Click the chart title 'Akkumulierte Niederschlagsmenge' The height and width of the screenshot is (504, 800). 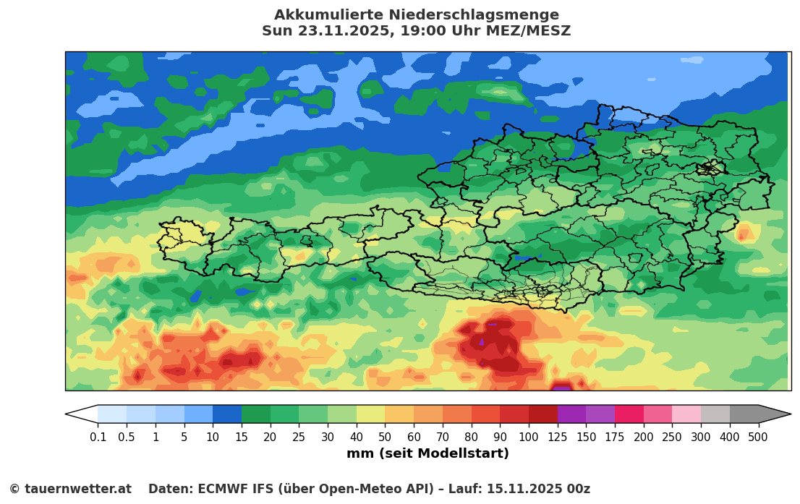coord(416,15)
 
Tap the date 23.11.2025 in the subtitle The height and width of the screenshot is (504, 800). coord(329,31)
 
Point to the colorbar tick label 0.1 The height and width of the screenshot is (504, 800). coord(98,437)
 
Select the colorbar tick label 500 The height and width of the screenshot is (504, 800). coord(757,437)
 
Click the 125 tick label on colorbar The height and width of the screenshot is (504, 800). coord(557,437)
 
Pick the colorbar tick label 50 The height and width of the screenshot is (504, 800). coord(385,437)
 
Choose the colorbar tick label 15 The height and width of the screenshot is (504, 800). coord(242,437)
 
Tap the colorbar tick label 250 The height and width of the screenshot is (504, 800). coord(672,437)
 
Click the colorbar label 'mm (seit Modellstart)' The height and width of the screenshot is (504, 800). coord(427,454)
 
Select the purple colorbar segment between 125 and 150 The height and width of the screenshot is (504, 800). coord(571,414)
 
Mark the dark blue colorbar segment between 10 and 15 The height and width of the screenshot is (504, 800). coord(227,414)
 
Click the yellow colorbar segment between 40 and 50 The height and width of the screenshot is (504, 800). coord(370,414)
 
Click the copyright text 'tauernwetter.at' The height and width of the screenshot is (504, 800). coord(78,490)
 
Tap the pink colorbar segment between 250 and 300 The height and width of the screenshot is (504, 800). coord(686,414)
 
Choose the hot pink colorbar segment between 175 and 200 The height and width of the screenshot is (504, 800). coord(629,414)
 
